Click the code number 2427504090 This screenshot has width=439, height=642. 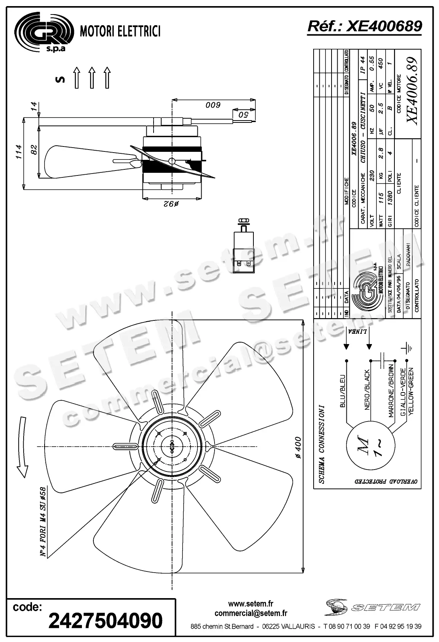coord(106,621)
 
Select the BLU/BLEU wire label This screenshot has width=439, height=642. coord(342,391)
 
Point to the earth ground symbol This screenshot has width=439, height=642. coord(407,348)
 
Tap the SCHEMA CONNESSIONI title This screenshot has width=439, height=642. coord(322,444)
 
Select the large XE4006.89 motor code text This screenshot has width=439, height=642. coord(412,90)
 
